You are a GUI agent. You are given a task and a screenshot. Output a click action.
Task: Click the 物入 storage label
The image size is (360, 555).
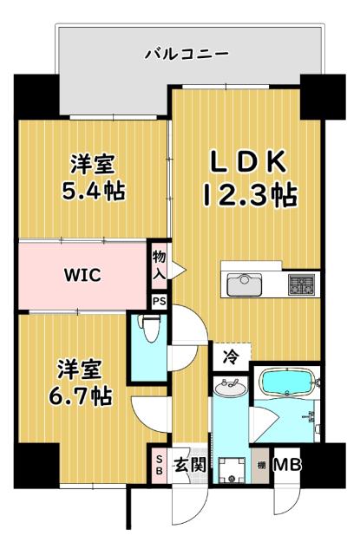(160, 264)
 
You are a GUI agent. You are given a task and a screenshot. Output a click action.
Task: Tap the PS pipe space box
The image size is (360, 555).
(159, 301)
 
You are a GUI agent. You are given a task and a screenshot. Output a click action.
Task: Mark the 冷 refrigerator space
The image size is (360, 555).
(232, 355)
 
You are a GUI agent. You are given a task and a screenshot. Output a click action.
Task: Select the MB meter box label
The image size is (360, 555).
(286, 465)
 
